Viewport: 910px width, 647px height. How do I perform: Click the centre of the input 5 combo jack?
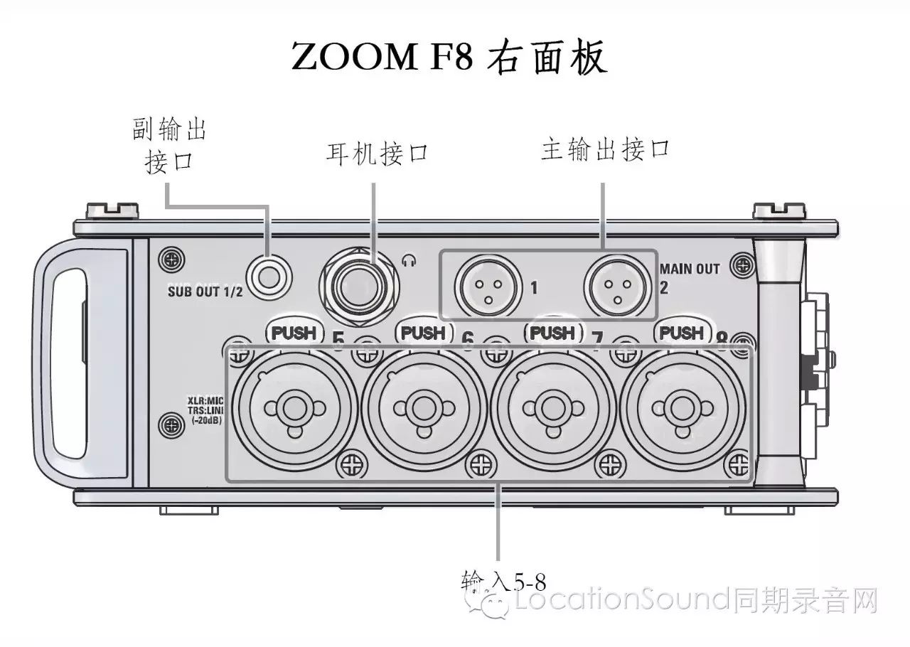point(291,407)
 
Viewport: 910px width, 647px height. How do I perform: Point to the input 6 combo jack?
point(421,407)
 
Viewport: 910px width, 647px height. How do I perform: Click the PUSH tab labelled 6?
point(423,333)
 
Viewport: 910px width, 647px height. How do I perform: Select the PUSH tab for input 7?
point(552,333)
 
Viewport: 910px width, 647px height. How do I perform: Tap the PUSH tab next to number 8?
point(681,333)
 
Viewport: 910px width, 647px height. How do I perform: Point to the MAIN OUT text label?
point(690,269)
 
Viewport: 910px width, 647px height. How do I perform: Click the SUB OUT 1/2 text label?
point(205,291)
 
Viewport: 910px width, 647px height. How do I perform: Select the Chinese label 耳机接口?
point(378,153)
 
